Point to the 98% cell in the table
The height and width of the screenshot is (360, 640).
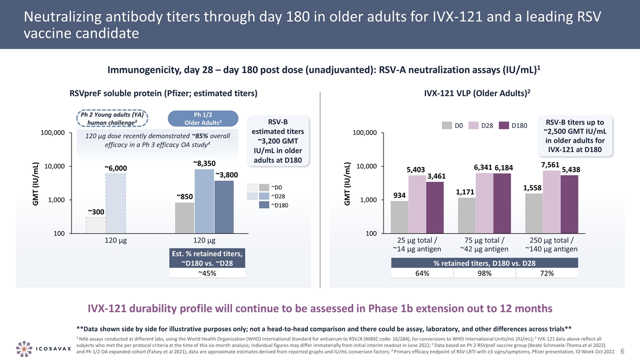(484, 273)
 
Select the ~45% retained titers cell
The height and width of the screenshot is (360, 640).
(207, 273)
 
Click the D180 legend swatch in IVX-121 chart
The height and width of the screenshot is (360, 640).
(504, 125)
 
